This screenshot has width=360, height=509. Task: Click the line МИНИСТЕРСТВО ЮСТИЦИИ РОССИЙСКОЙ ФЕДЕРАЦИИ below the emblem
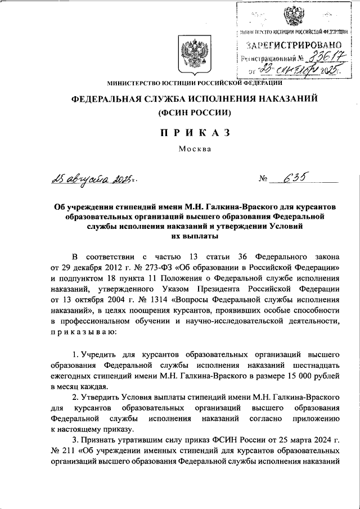[x=195, y=83]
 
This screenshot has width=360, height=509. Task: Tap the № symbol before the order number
[x=263, y=179]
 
